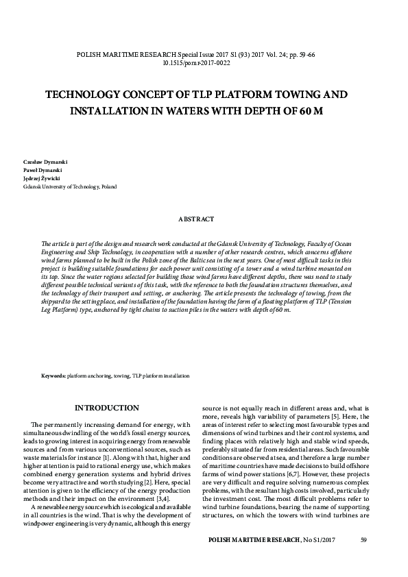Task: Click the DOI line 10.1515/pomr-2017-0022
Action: [204, 61]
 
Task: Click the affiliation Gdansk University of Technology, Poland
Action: [70, 186]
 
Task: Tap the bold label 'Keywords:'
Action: [53, 376]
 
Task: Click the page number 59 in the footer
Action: [363, 541]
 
